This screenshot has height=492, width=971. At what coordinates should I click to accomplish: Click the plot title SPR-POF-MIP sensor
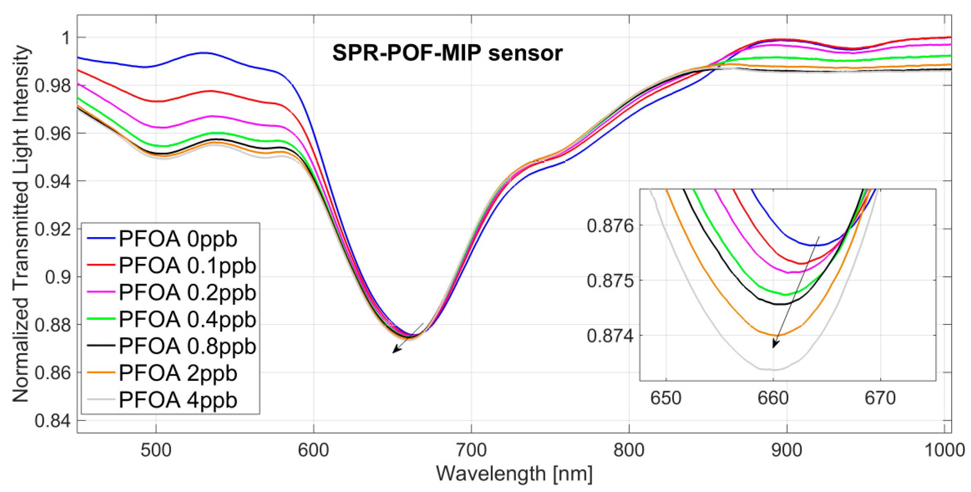pyautogui.click(x=447, y=53)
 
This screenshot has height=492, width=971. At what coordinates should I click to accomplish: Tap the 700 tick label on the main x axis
pyautogui.click(x=471, y=450)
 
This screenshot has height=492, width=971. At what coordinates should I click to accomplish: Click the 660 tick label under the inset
pyautogui.click(x=773, y=399)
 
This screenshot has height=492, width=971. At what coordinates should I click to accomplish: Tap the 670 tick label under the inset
pyautogui.click(x=880, y=399)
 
